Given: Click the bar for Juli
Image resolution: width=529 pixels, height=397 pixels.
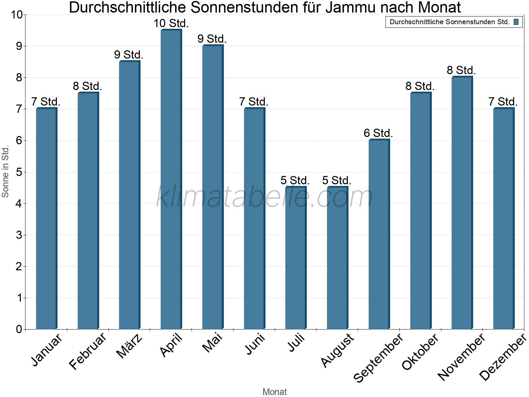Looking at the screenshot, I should (296, 258).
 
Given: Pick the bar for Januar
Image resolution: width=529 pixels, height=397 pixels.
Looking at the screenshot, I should (46, 218).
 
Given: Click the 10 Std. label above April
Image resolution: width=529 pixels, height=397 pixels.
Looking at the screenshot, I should (171, 23).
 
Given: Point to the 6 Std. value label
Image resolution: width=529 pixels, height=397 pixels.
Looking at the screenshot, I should (378, 133).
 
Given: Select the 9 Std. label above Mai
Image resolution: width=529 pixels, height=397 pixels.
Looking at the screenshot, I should (212, 39).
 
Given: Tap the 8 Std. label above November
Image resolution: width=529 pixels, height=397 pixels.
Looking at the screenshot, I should (461, 70).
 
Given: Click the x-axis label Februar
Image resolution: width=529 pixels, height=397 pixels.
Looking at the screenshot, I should (88, 351).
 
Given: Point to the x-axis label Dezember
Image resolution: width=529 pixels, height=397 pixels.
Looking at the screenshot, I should (503, 357).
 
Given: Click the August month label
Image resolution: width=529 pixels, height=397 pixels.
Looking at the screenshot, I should (337, 351).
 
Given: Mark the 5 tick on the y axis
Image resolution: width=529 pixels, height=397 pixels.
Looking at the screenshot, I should (19, 172).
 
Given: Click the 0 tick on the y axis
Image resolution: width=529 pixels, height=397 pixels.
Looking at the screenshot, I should (19, 330).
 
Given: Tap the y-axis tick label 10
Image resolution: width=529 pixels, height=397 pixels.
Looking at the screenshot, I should (17, 15).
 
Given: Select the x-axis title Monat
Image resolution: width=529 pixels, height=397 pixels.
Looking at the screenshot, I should (274, 392).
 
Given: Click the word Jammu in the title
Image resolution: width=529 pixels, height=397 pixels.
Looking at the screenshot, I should (350, 7).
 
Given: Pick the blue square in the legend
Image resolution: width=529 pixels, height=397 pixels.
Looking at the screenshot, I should (516, 22).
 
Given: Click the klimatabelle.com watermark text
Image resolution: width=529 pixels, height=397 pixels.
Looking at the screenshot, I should (264, 197).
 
